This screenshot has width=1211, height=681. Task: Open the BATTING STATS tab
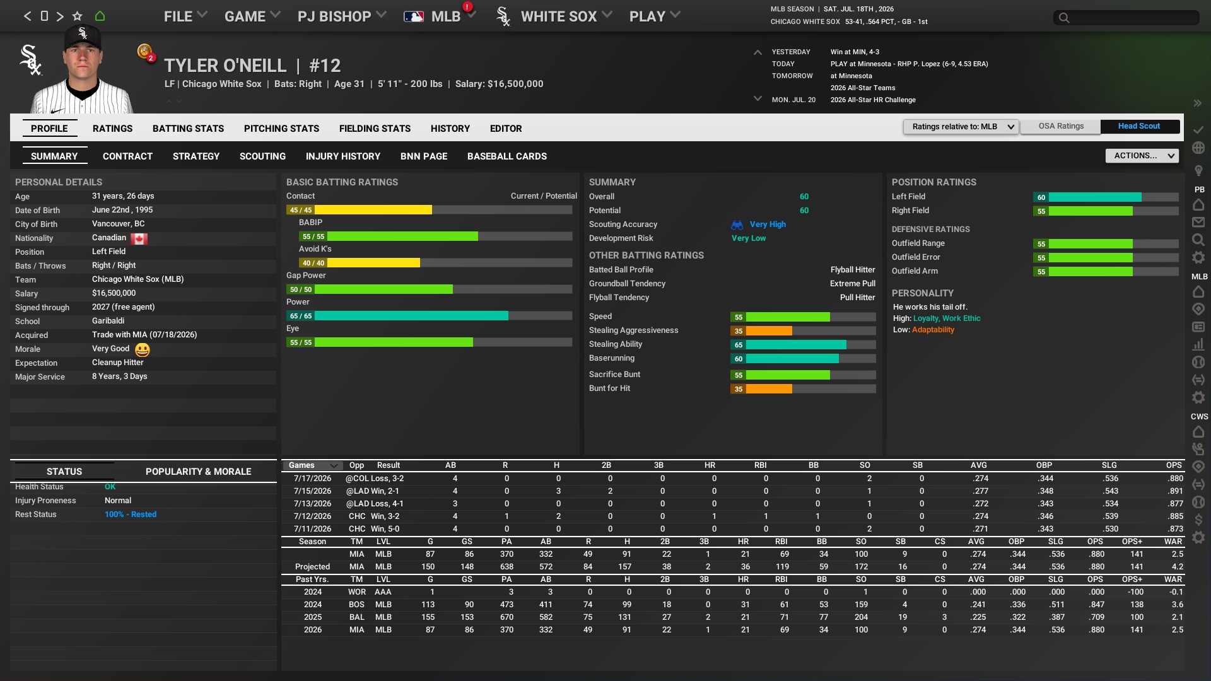click(188, 129)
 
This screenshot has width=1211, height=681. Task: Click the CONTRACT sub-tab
click(127, 156)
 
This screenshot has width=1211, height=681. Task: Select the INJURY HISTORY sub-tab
click(342, 156)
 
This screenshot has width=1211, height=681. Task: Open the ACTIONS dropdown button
click(1142, 156)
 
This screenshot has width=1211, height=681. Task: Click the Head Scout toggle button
click(1138, 126)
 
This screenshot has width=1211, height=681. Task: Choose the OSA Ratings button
click(1061, 126)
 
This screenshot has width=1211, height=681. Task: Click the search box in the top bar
click(1126, 18)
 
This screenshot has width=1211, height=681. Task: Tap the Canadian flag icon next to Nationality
click(139, 238)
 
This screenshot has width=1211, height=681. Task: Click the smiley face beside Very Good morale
click(143, 349)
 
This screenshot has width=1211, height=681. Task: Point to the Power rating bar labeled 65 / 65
click(411, 316)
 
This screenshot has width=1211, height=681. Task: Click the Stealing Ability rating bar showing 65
click(795, 345)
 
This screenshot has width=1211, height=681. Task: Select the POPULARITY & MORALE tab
click(198, 472)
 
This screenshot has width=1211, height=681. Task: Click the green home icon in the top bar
click(100, 16)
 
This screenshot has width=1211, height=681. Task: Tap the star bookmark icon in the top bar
click(77, 16)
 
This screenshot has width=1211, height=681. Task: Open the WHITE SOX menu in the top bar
click(558, 16)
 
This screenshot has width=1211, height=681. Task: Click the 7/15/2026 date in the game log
click(312, 491)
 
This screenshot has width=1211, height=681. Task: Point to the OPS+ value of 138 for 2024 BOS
click(1137, 605)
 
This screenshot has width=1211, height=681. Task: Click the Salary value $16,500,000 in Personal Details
click(114, 293)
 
